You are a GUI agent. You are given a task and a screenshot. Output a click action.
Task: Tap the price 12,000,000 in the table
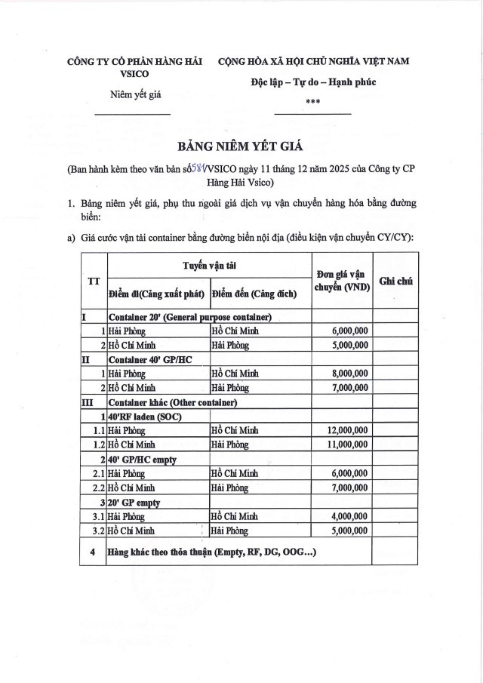(347, 430)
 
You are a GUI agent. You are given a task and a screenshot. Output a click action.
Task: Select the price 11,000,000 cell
(347, 444)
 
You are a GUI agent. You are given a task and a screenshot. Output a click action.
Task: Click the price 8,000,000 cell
(347, 374)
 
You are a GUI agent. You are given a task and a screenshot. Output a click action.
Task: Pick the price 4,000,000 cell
(347, 516)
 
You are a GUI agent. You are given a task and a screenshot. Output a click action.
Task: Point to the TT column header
(94, 282)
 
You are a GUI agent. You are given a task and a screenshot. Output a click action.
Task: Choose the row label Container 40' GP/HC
(150, 359)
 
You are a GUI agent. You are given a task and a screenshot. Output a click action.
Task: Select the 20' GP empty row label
(136, 502)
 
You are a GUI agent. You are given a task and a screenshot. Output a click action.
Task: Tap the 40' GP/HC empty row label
(143, 459)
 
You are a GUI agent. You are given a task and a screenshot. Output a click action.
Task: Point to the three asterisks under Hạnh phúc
(312, 100)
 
